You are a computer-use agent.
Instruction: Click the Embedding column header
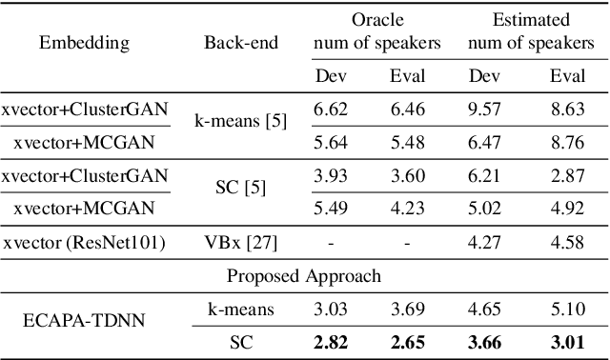[x=85, y=43]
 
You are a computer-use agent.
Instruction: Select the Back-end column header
[x=234, y=43]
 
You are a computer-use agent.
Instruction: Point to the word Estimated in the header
[x=530, y=19]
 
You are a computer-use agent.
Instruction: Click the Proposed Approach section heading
[x=304, y=276]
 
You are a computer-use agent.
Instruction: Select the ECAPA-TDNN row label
[x=85, y=324]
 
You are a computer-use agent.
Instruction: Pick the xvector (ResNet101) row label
[x=85, y=243]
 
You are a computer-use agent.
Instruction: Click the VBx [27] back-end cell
[x=234, y=243]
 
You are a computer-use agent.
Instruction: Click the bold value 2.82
[x=331, y=341]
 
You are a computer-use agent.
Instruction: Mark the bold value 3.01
[x=567, y=341]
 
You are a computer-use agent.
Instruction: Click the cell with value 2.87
[x=567, y=177]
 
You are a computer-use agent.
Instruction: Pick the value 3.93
[x=331, y=177]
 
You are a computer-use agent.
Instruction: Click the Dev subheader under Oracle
[x=331, y=77]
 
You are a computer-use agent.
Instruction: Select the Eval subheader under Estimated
[x=567, y=77]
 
